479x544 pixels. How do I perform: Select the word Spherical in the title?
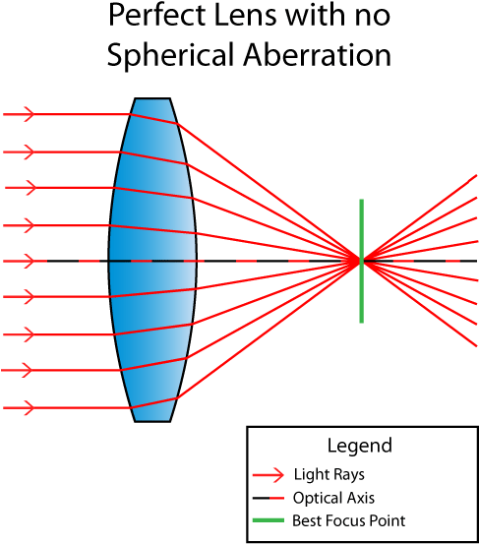pos(168,55)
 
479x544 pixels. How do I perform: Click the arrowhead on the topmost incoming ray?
pos(30,115)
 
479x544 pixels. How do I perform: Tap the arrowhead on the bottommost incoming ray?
pos(30,406)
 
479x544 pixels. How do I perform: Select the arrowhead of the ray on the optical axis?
pos(30,261)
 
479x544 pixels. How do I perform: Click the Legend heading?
pos(359,445)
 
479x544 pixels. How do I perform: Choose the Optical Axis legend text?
pos(333,498)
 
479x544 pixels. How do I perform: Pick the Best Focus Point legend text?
pos(348,521)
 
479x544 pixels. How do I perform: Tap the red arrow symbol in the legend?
pos(269,474)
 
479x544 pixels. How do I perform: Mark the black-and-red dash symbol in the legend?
pos(269,498)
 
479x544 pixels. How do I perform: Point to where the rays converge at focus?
pos(361,260)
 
